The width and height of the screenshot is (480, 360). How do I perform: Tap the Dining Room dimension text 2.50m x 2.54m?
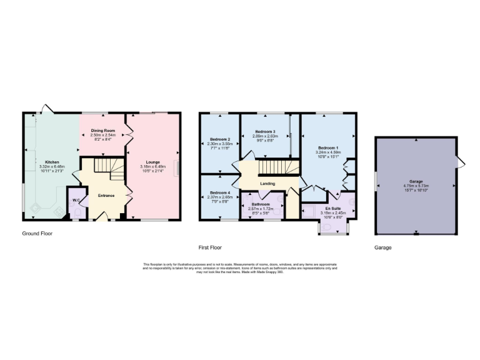pos(102,135)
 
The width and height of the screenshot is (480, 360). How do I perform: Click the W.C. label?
pos(76,200)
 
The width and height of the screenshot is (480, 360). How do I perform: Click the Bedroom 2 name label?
pos(220,139)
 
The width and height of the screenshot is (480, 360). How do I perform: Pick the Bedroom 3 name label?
pos(265,131)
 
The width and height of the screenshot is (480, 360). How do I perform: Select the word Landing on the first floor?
pos(267,183)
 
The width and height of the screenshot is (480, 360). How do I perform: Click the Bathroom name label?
pos(261,204)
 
